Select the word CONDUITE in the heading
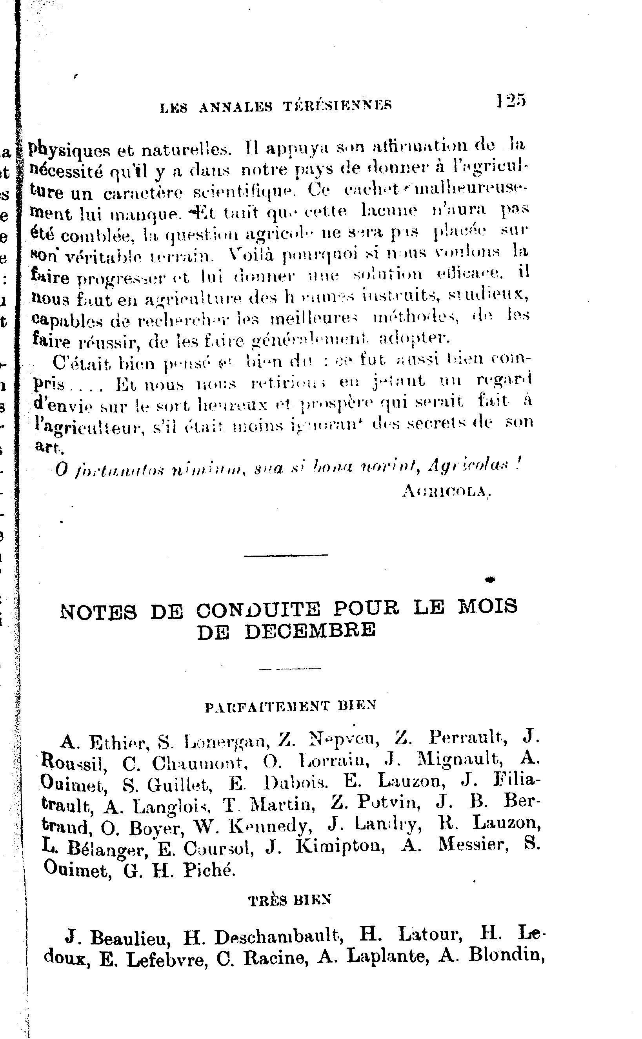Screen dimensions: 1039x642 coord(258,610)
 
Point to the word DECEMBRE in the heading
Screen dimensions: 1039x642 coord(310,631)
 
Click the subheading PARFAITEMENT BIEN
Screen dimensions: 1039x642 coord(291,706)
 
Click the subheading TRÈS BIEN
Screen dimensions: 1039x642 coord(289,900)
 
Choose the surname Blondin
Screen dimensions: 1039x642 coord(507,956)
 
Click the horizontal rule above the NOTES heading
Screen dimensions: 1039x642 coord(286,555)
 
